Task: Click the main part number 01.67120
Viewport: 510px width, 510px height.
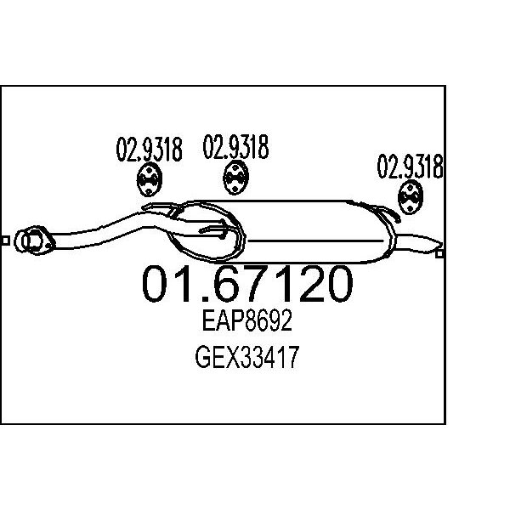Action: click(247, 284)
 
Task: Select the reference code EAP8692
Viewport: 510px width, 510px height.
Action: click(247, 320)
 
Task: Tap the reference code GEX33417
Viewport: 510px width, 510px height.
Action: click(246, 357)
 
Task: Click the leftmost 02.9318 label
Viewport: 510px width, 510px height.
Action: click(150, 150)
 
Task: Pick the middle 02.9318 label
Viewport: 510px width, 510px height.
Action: click(235, 147)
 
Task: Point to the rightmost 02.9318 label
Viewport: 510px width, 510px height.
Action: click(411, 167)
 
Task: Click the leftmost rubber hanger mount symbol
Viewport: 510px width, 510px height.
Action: click(149, 180)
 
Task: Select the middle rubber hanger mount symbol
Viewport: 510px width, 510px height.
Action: click(235, 178)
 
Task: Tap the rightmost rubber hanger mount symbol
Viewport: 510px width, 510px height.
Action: click(411, 198)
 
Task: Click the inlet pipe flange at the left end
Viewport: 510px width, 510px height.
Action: click(34, 241)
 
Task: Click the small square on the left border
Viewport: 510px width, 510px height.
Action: click(6, 241)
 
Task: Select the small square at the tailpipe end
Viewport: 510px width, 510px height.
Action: click(439, 253)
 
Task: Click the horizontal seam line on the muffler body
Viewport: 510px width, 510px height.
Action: click(315, 241)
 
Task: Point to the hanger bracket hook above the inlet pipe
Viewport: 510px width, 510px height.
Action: click(160, 208)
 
